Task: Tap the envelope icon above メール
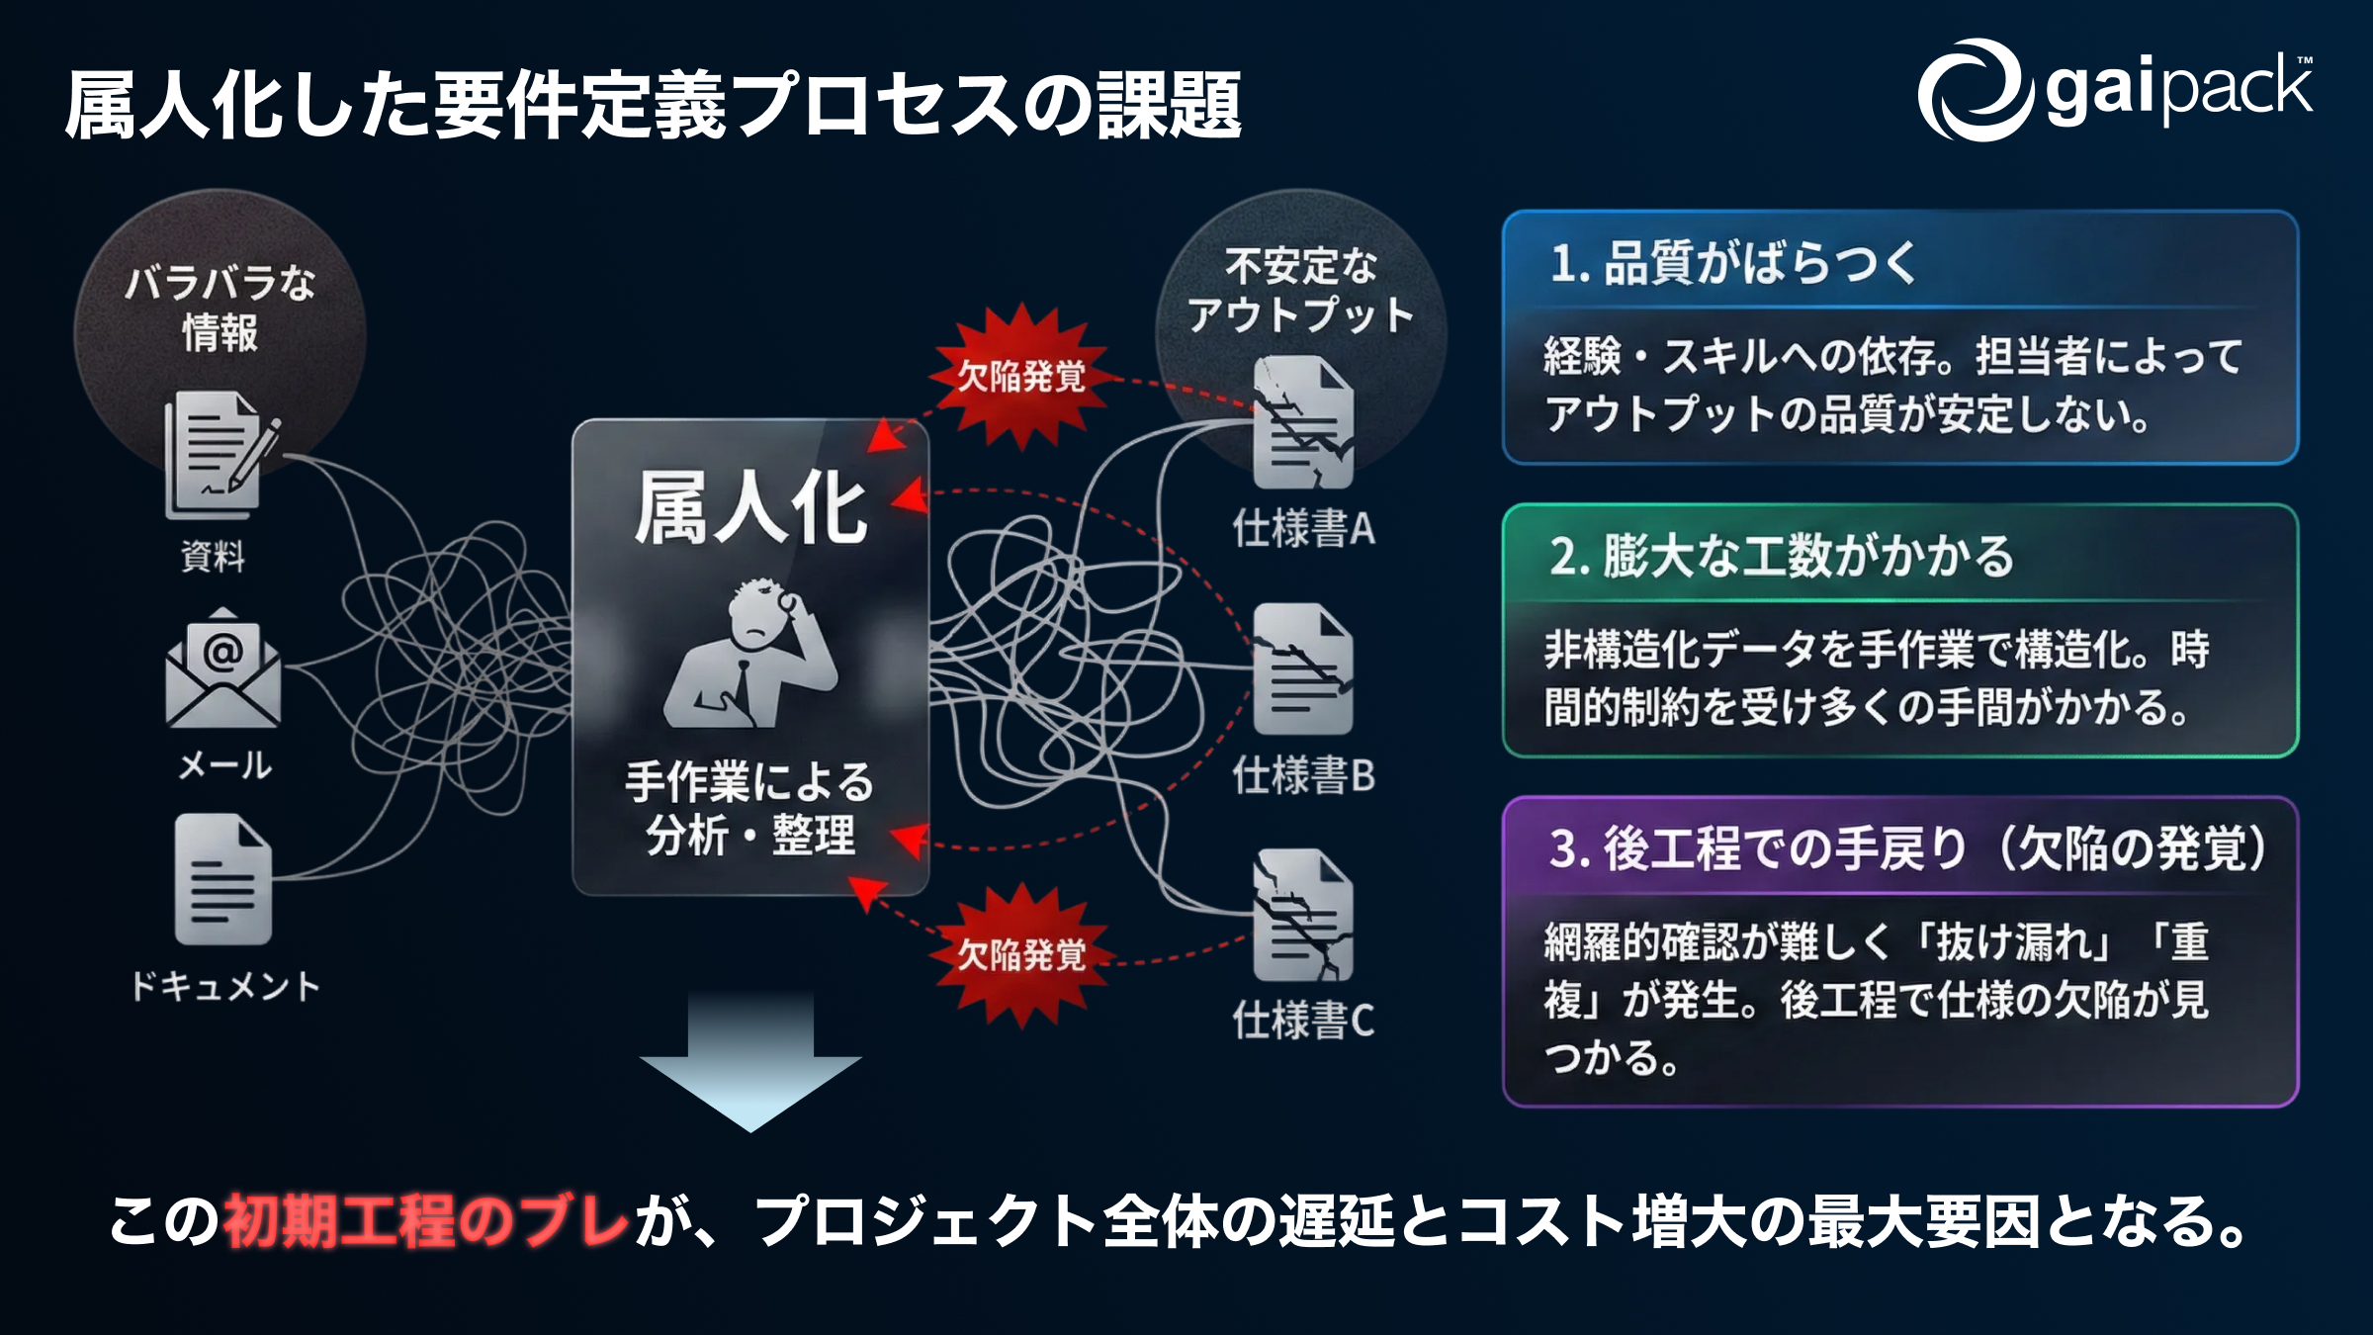pyautogui.click(x=223, y=669)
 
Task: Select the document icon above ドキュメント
pyautogui.click(x=222, y=879)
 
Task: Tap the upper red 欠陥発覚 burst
pyautogui.click(x=1021, y=376)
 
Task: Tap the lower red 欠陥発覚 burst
pyautogui.click(x=1021, y=955)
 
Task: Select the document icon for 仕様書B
pyautogui.click(x=1303, y=669)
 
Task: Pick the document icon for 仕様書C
pyautogui.click(x=1303, y=915)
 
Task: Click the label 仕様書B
pyautogui.click(x=1303, y=776)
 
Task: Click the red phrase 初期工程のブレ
pyautogui.click(x=426, y=1221)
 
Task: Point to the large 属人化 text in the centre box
pyautogui.click(x=750, y=508)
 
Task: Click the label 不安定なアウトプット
pyautogui.click(x=1301, y=291)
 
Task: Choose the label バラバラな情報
pyautogui.click(x=220, y=308)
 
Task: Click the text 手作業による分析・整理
pyautogui.click(x=750, y=809)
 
